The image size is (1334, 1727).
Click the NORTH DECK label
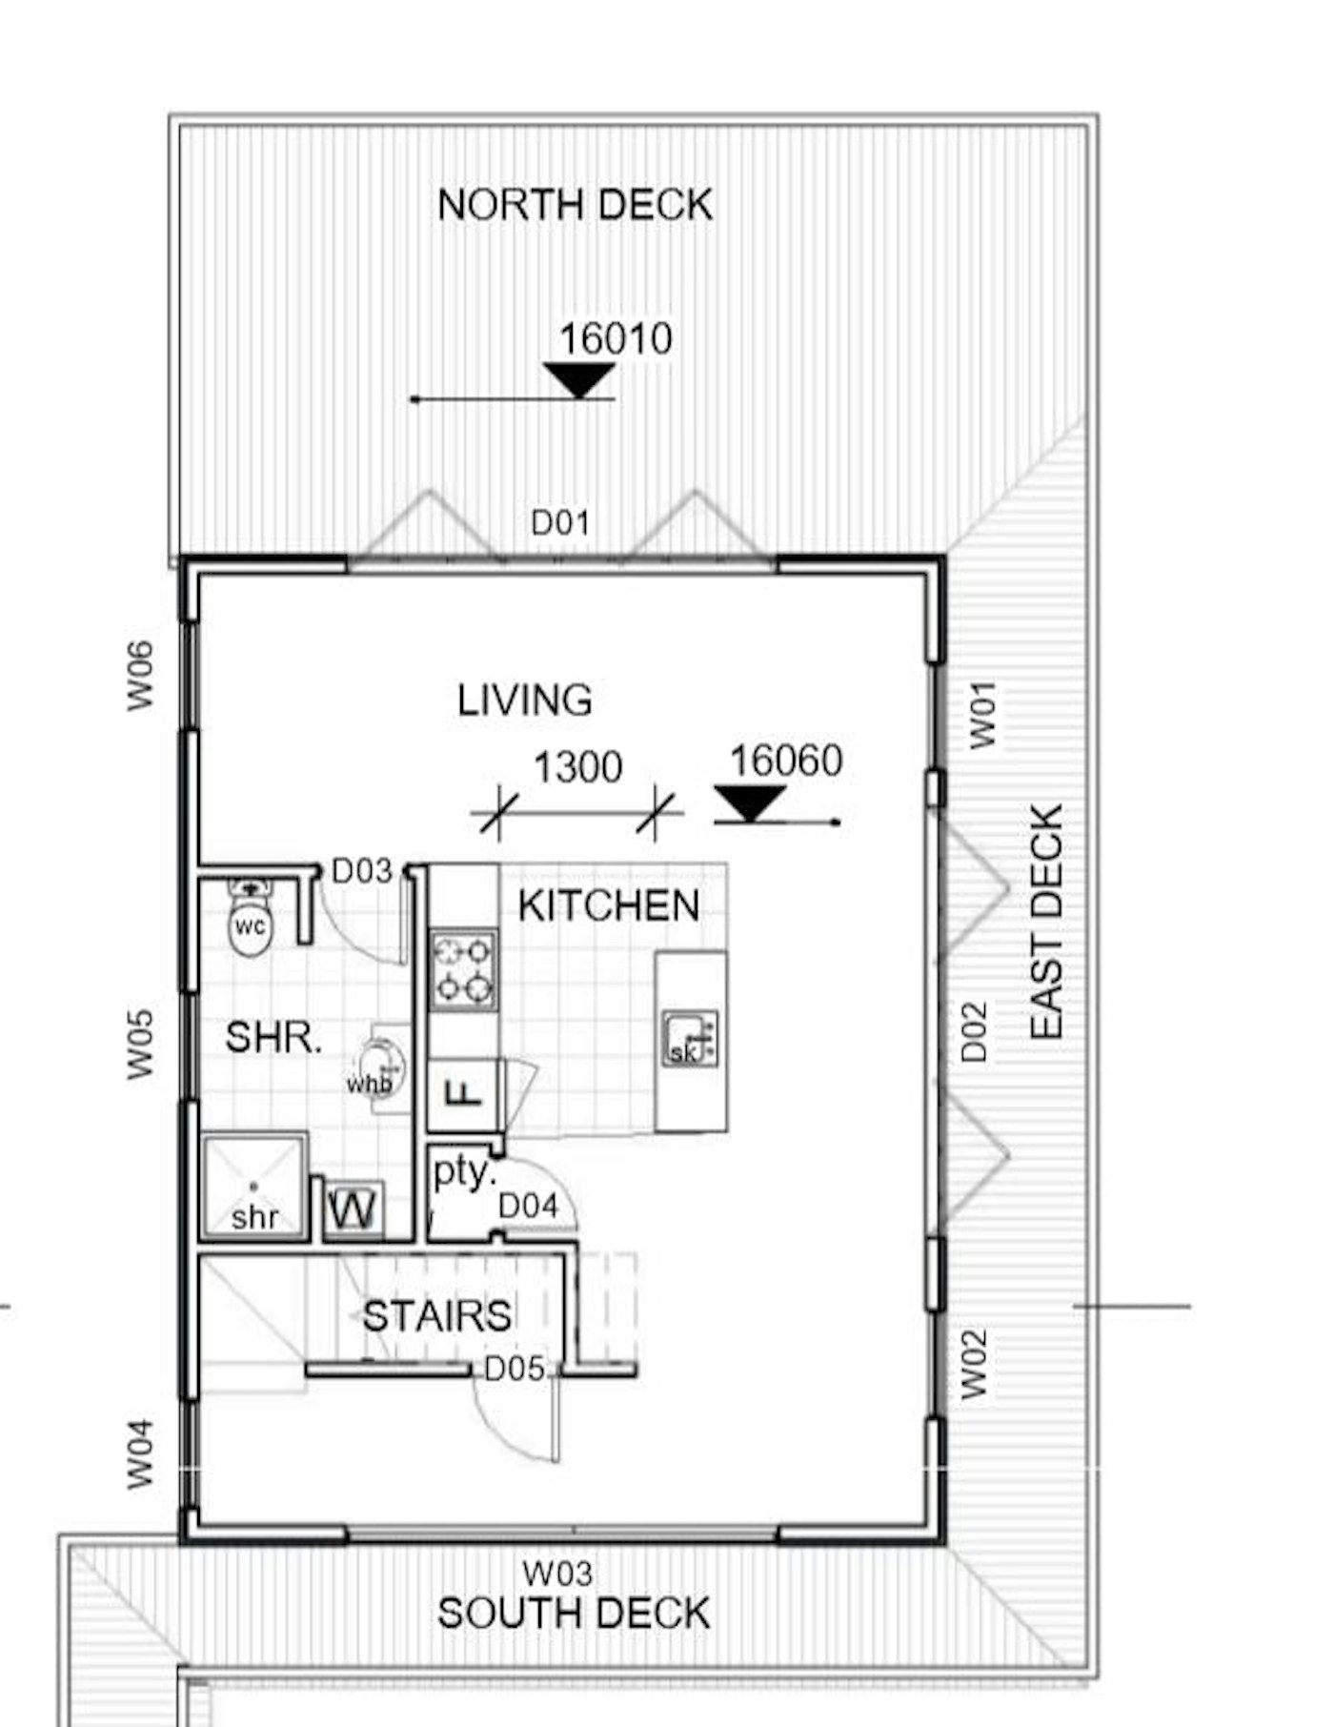click(x=575, y=205)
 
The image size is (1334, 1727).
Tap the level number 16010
click(x=616, y=339)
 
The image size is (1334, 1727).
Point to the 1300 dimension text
click(x=577, y=767)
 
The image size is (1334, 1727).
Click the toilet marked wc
click(x=251, y=919)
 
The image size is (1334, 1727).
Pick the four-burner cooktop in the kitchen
click(x=464, y=969)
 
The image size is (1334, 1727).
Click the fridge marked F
click(x=464, y=1094)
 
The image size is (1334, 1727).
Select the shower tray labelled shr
click(x=254, y=1187)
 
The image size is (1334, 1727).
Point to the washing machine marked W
click(x=354, y=1210)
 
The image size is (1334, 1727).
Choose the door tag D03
click(x=361, y=871)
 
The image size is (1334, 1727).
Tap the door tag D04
click(x=528, y=1207)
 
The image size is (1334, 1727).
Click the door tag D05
click(x=515, y=1370)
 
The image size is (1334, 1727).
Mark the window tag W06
click(x=140, y=675)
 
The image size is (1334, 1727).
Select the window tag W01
click(x=982, y=715)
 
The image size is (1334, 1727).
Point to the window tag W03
click(x=557, y=1573)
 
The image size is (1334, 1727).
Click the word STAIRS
click(x=437, y=1316)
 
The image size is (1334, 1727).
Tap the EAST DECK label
click(x=1046, y=922)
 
